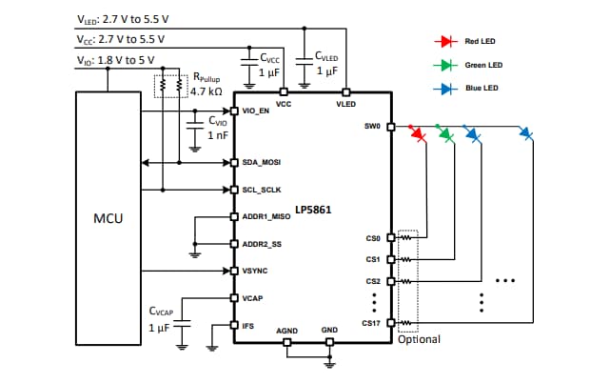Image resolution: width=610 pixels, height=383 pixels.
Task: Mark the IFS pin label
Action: pos(248,326)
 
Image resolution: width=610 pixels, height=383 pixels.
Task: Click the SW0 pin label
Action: pos(372,126)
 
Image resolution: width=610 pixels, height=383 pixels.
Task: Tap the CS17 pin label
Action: pos(372,325)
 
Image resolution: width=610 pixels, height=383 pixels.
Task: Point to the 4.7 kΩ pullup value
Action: pos(207,91)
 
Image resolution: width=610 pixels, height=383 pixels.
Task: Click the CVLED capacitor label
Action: pos(330,56)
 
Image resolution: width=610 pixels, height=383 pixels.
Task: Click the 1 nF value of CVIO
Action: pos(218,135)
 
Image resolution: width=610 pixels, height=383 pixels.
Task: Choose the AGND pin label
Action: pos(288,332)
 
